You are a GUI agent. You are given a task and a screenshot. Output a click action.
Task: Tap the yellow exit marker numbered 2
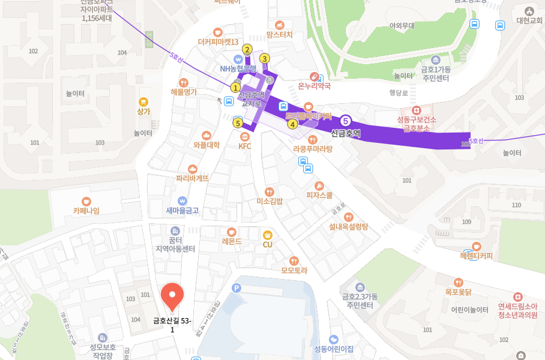coord(247,49)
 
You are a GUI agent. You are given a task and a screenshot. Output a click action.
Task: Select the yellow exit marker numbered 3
coord(265,59)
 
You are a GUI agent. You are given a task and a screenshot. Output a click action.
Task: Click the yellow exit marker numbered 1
coord(235,88)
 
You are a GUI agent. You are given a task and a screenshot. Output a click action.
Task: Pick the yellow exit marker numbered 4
coord(292,124)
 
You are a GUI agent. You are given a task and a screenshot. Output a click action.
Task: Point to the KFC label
coord(245,146)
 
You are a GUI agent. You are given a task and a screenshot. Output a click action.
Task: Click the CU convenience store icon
coord(268,234)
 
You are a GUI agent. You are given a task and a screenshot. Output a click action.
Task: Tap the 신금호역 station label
coord(346,133)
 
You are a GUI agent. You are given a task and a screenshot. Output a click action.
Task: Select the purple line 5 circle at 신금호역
coord(346,121)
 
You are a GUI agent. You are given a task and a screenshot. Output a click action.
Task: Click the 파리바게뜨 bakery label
coord(193,178)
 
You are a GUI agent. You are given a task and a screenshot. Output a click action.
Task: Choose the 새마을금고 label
coord(182,211)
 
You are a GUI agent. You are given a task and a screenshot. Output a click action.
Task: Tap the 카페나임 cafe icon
coord(86,200)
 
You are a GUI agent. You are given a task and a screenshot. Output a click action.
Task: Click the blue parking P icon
coord(236,288)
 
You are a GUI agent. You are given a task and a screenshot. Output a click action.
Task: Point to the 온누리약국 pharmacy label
coord(315,86)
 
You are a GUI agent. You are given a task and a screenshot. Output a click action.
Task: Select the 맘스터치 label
coord(279,35)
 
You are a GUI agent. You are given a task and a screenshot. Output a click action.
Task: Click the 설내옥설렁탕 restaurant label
coord(349,227)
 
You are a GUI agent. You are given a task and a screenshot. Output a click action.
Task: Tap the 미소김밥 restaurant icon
coord(269,191)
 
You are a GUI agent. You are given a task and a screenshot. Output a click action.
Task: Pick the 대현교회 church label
coord(529,20)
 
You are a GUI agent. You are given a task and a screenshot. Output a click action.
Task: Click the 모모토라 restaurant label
coord(294,270)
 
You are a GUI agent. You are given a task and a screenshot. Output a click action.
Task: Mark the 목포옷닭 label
coord(458,292)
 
